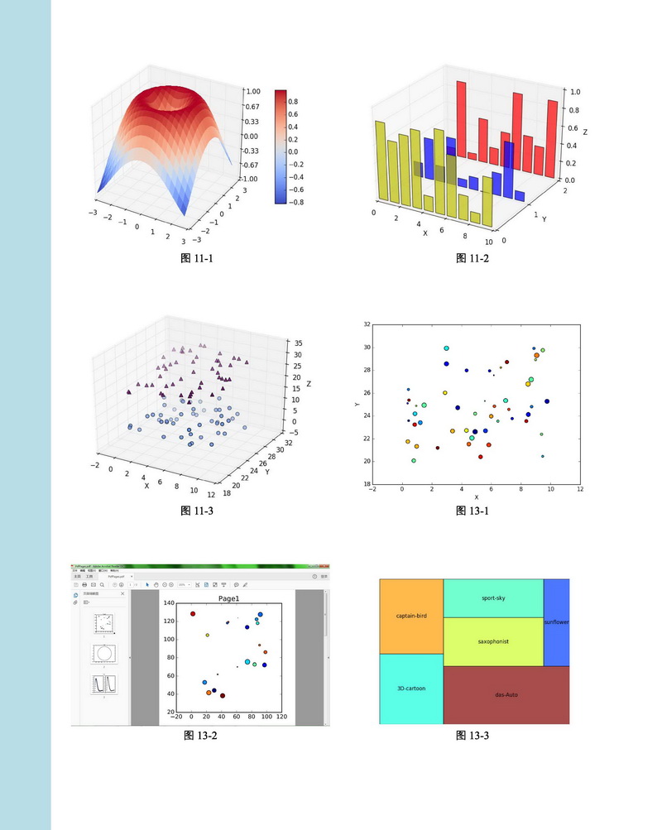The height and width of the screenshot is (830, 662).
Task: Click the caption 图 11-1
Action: [197, 258]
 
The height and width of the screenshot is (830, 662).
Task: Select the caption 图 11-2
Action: [473, 258]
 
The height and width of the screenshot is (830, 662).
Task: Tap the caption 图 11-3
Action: [197, 511]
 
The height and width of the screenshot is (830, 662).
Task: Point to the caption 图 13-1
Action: [473, 511]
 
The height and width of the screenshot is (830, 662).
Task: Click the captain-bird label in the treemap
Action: [411, 616]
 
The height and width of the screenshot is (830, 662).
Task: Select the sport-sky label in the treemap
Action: [493, 597]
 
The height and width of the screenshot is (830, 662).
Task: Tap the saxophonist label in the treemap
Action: [493, 641]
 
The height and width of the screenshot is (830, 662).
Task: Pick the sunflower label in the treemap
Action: [556, 622]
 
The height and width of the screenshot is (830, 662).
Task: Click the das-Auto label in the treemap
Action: [506, 694]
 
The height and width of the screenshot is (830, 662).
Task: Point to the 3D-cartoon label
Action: [410, 688]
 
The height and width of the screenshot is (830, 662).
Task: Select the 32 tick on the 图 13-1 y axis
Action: [366, 324]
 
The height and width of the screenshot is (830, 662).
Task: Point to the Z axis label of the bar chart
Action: [584, 132]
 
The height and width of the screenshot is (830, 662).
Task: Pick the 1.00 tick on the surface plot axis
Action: [252, 92]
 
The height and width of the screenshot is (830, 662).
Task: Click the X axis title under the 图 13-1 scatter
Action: [476, 497]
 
